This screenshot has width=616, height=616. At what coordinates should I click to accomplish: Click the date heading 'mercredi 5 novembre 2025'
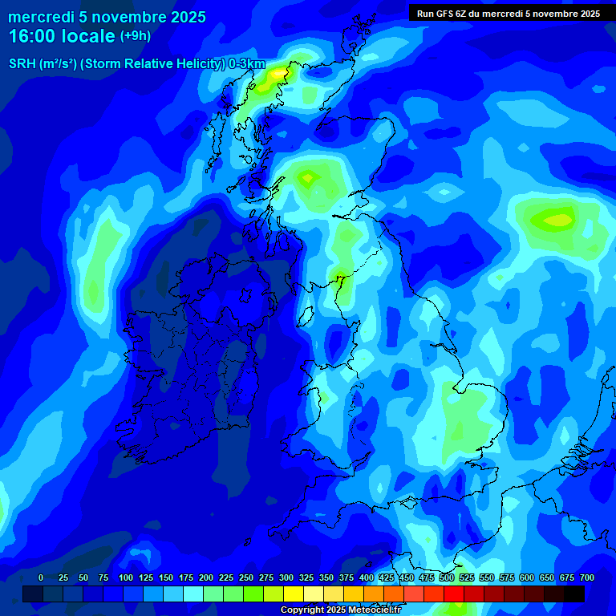(107, 17)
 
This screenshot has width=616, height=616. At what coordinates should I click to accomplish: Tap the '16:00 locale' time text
(62, 36)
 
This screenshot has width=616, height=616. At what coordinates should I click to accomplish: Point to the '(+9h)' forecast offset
(135, 36)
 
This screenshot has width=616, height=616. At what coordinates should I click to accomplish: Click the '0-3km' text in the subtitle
(247, 64)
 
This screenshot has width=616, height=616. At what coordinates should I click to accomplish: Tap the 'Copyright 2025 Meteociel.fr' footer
(340, 610)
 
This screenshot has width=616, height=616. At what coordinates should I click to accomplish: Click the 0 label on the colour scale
(41, 577)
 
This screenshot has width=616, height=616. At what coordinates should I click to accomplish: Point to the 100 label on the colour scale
(126, 577)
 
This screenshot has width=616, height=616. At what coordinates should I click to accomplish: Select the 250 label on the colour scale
(246, 577)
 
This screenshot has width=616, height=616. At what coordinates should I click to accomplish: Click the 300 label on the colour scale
(286, 577)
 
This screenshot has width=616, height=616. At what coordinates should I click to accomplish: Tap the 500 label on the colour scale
(447, 577)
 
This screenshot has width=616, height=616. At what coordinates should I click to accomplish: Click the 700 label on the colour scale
(587, 577)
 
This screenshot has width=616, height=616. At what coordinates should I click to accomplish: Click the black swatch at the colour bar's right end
(573, 594)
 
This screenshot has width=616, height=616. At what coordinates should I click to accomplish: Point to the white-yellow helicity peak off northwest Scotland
(278, 73)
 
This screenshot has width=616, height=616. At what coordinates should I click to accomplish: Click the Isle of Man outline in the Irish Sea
(304, 316)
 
